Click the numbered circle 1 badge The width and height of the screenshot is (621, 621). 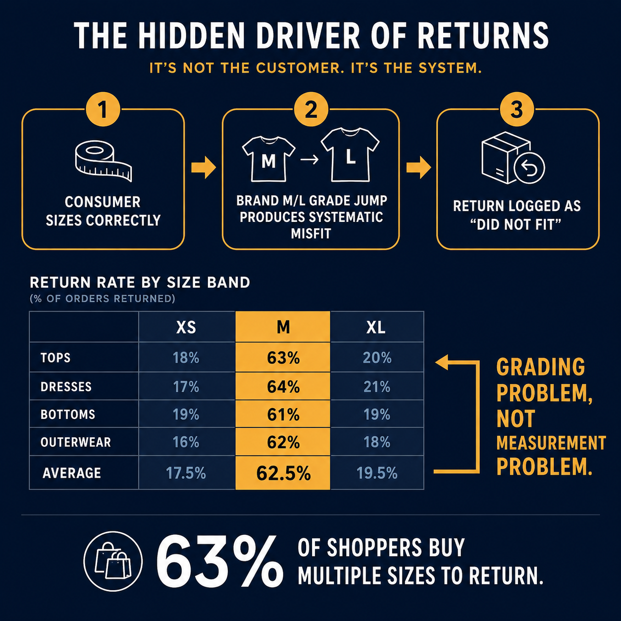click(103, 110)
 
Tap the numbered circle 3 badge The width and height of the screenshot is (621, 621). click(517, 110)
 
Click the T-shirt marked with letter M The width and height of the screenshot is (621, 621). click(268, 159)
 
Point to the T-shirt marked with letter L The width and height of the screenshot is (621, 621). click(350, 155)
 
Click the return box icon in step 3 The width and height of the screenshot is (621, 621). click(513, 158)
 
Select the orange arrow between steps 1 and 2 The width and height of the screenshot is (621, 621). click(204, 167)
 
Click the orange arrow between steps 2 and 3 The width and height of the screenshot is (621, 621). click(418, 167)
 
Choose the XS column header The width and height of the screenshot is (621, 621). click(187, 327)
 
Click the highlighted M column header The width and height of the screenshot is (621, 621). click(283, 327)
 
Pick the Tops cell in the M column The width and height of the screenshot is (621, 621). click(283, 357)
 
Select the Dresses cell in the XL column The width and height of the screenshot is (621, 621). click(377, 386)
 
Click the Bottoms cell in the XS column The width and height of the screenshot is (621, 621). click(187, 414)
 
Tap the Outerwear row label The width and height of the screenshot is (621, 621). click(76, 442)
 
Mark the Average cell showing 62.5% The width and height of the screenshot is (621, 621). click(283, 472)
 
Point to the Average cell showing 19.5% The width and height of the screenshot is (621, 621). click(377, 472)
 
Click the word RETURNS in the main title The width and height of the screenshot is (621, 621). click(483, 36)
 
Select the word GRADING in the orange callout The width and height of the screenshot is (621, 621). click(540, 367)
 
